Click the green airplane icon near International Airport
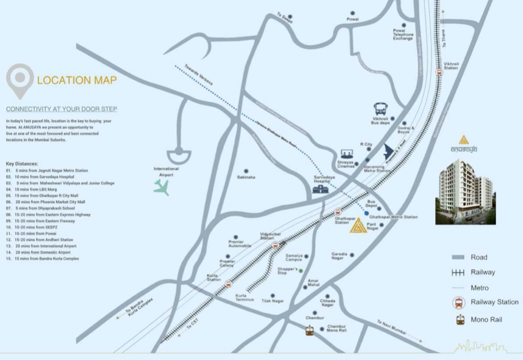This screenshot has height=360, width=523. (161, 188)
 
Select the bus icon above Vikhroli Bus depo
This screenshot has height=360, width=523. (381, 109)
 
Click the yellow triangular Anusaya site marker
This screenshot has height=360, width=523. (357, 226)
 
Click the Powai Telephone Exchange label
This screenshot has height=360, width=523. (403, 34)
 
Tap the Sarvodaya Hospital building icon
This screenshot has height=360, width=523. (320, 189)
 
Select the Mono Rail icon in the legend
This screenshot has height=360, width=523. (460, 319)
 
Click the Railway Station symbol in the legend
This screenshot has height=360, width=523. (460, 303)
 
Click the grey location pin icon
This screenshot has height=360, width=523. (20, 80)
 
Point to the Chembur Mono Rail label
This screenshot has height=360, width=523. (336, 329)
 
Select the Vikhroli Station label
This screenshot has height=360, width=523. (451, 66)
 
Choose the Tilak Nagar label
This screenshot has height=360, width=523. (272, 301)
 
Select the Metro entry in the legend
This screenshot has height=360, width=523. (479, 288)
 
